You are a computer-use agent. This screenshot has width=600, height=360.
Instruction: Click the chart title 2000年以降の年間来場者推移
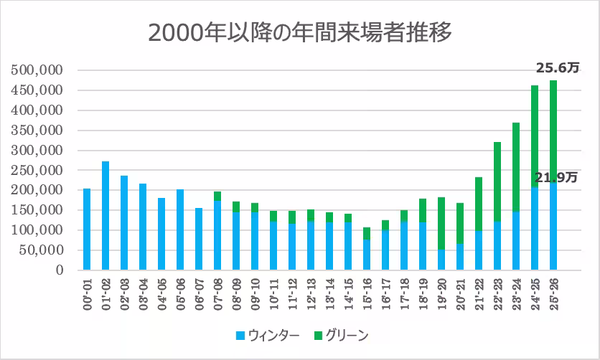tap(300, 32)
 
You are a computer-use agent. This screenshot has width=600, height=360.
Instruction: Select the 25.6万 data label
tap(557, 67)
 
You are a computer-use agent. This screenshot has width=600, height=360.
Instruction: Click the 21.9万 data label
tap(553, 177)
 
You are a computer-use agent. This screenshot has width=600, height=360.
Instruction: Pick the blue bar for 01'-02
tap(106, 216)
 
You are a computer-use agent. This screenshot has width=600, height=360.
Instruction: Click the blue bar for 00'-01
tap(87, 229)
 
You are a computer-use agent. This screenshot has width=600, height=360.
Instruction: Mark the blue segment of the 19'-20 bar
tap(441, 260)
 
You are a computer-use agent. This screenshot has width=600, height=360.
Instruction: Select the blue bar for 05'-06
tap(180, 229)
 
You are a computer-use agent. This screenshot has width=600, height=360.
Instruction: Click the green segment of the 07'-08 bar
tap(217, 196)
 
